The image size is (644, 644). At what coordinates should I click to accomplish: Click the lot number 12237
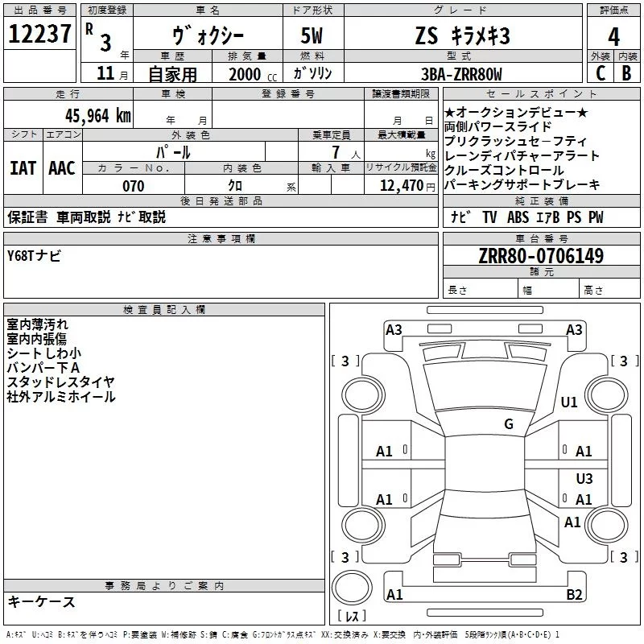pyautogui.click(x=39, y=35)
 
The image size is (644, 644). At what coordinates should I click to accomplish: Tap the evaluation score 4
pyautogui.click(x=614, y=36)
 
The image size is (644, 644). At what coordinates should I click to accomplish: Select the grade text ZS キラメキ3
pyautogui.click(x=462, y=36)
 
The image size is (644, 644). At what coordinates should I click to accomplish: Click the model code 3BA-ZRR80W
pyautogui.click(x=461, y=74)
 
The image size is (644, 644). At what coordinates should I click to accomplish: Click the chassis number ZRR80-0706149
pyautogui.click(x=541, y=256)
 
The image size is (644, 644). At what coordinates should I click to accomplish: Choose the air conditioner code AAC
pyautogui.click(x=62, y=167)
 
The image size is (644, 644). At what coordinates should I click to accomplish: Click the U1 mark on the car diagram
pyautogui.click(x=569, y=402)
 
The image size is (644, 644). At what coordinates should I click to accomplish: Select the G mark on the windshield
pyautogui.click(x=508, y=424)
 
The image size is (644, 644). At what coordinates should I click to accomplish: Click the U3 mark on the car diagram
pyautogui.click(x=584, y=479)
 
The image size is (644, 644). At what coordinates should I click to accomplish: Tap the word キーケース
pyautogui.click(x=41, y=602)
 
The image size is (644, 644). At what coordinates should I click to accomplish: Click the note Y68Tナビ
pyautogui.click(x=34, y=255)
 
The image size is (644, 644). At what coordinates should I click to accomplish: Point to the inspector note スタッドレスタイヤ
pyautogui.click(x=60, y=382)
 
